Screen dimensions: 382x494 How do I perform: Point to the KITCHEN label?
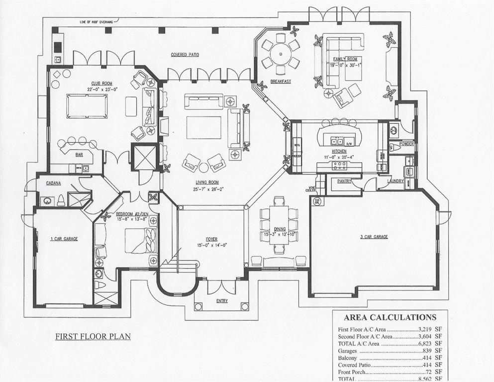(339, 151)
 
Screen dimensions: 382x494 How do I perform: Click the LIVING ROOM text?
(208, 183)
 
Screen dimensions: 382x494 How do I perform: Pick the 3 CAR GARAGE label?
(374, 237)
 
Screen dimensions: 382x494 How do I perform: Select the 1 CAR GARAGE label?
(64, 239)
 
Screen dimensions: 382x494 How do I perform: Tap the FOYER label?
(211, 239)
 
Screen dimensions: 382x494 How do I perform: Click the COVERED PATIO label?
(185, 55)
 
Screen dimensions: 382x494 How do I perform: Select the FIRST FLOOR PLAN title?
(93, 337)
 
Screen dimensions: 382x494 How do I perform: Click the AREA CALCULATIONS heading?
(390, 317)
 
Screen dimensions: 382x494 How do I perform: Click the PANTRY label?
(344, 182)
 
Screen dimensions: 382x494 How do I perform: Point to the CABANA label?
(54, 183)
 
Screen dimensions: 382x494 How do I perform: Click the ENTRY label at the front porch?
(222, 301)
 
